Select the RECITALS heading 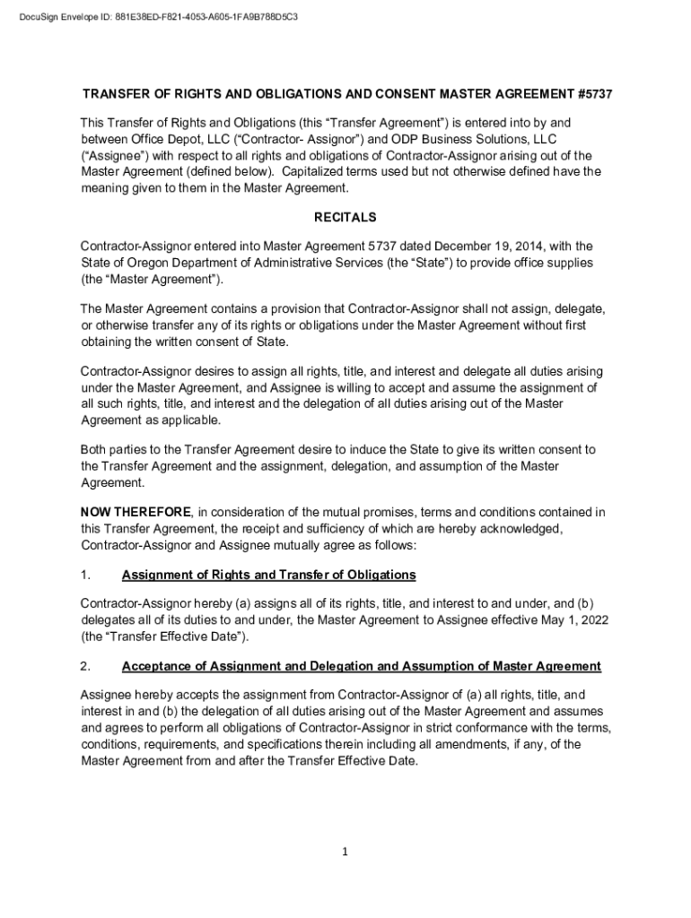tap(345, 218)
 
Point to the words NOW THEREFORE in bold tap(136, 512)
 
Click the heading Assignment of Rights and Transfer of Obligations tap(268, 575)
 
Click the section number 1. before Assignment tap(85, 575)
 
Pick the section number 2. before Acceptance tap(85, 666)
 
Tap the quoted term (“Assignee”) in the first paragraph tap(114, 154)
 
